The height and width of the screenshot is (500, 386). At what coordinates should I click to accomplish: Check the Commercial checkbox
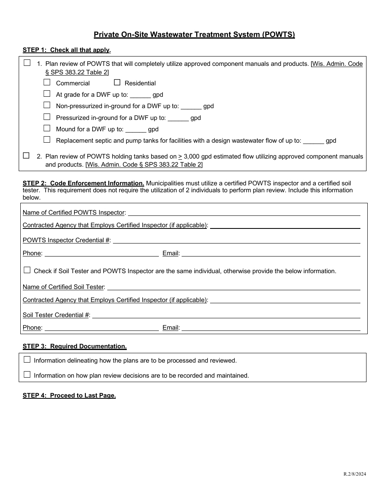click(47, 83)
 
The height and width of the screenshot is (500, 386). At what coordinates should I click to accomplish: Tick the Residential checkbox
click(117, 83)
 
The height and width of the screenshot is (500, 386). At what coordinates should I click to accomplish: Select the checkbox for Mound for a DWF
click(47, 128)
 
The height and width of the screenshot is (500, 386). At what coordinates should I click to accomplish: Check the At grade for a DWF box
click(47, 94)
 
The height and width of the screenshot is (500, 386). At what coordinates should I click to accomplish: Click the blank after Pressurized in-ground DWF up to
click(178, 118)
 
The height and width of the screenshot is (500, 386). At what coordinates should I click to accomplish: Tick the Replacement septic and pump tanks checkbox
click(47, 140)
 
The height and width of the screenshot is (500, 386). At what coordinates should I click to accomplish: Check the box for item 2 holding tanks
click(27, 155)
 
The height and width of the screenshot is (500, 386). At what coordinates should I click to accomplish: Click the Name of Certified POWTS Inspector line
click(244, 212)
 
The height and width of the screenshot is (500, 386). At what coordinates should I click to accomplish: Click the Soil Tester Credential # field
click(226, 315)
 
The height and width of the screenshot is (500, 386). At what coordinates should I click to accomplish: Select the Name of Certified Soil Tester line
click(234, 287)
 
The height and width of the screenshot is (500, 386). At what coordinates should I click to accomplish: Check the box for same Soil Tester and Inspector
click(27, 270)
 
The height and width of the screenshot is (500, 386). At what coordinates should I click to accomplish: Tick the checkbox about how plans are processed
click(27, 359)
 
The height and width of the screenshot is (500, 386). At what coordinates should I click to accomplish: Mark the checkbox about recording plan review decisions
click(27, 375)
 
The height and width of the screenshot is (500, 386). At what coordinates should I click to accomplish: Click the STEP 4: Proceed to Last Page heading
click(69, 396)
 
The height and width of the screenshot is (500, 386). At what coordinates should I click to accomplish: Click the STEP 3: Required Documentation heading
click(74, 346)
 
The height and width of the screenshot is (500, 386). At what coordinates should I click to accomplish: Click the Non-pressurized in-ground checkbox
click(47, 105)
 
